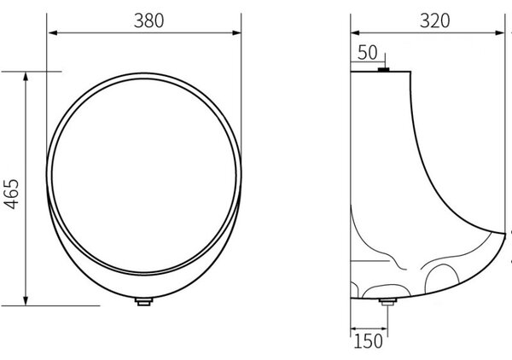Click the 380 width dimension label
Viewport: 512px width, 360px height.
(148, 20)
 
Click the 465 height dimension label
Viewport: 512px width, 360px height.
(12, 194)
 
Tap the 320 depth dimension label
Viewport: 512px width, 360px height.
(434, 20)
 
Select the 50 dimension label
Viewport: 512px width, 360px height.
(367, 53)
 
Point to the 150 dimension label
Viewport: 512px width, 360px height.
(368, 341)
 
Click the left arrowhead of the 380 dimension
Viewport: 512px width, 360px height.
(53, 32)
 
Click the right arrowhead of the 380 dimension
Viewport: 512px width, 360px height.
(236, 32)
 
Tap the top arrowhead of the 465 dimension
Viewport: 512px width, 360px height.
(26, 77)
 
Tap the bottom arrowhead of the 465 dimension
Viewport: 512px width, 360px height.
(26, 301)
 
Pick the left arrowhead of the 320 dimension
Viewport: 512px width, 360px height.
(355, 32)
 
